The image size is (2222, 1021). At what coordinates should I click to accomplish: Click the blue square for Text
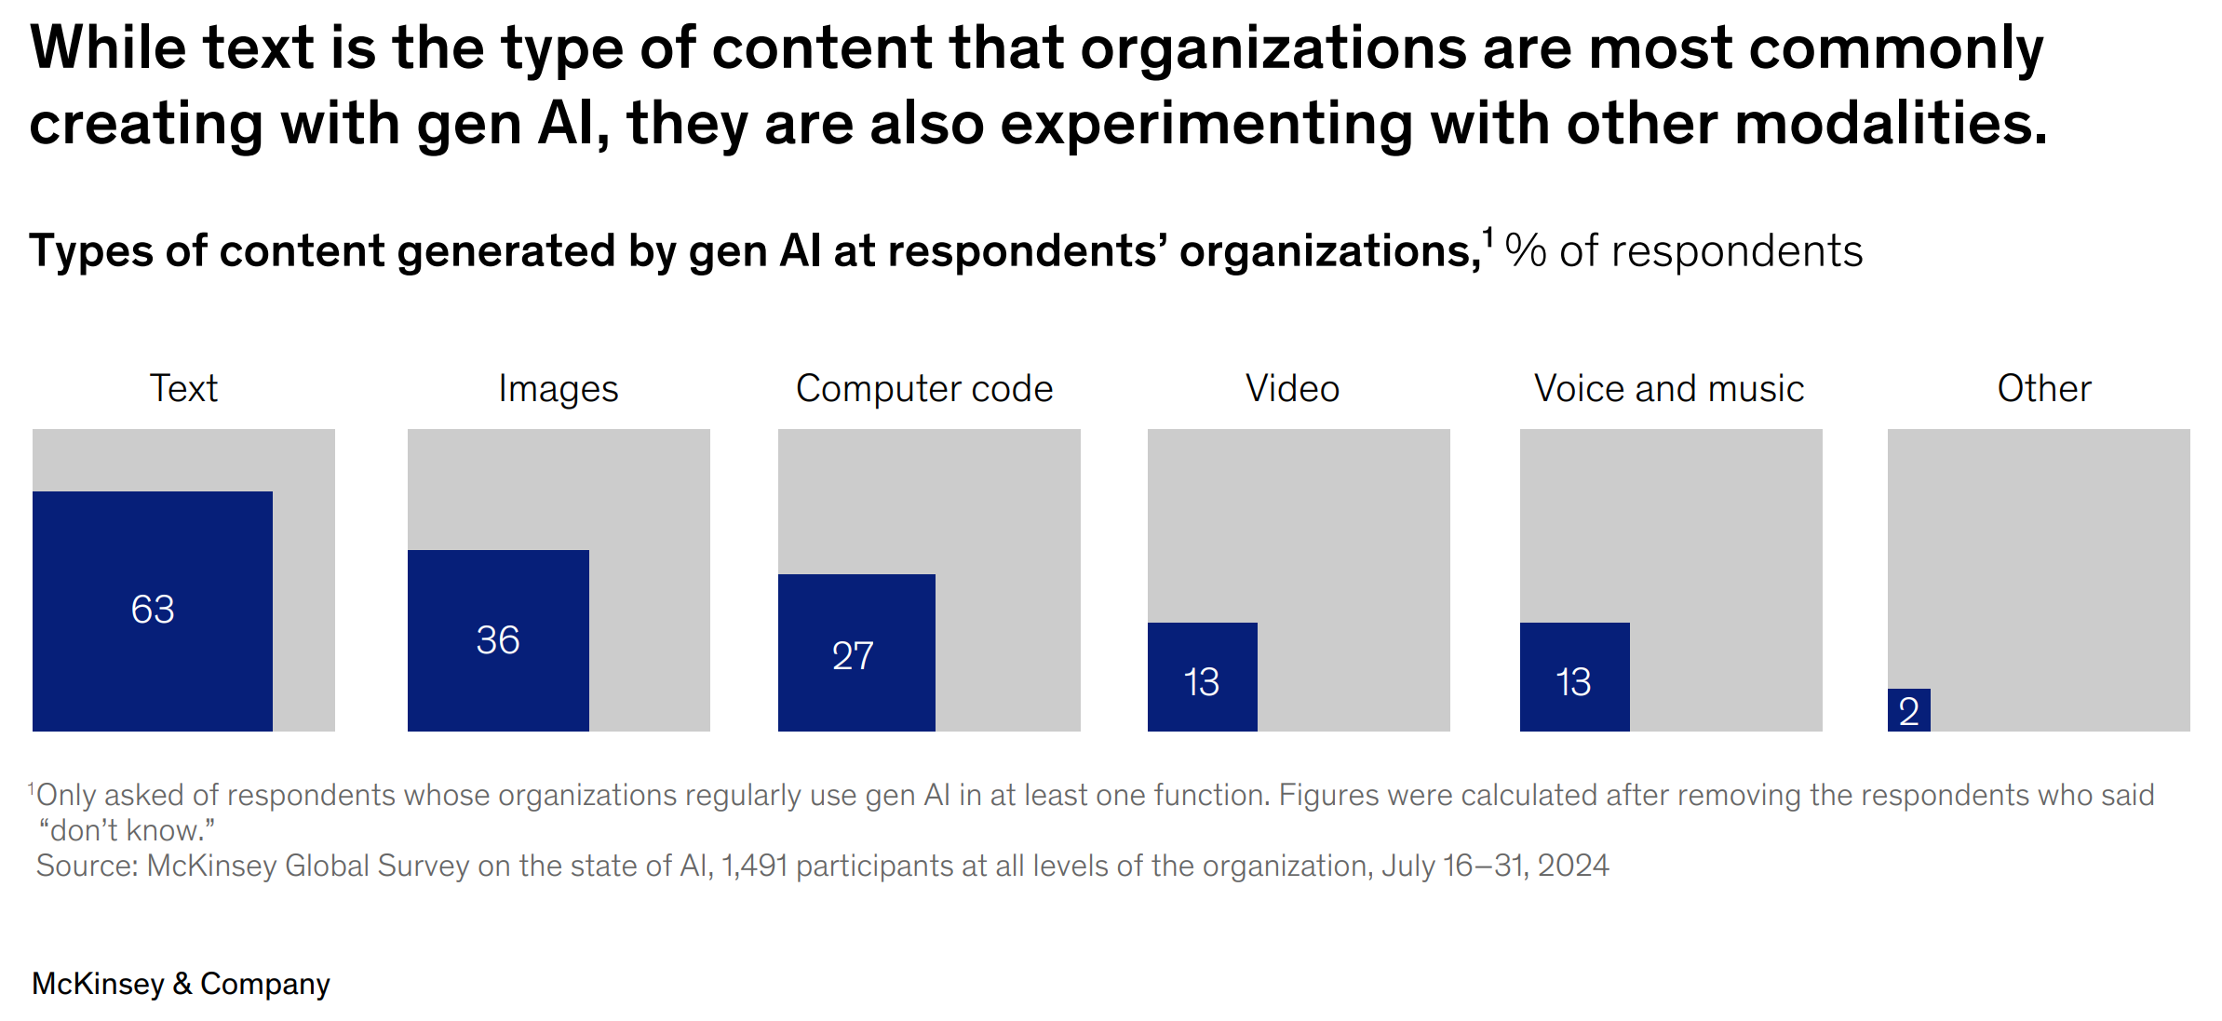click(152, 558)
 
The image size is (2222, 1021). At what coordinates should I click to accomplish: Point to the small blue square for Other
click(1908, 709)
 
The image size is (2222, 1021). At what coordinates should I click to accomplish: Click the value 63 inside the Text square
click(153, 610)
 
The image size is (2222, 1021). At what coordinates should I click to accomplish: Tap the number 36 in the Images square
click(498, 640)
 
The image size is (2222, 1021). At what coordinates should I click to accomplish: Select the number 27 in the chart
click(853, 656)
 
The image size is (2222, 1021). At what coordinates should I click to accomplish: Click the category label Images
click(558, 389)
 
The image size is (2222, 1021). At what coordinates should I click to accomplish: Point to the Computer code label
click(924, 389)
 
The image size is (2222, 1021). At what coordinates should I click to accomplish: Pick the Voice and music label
click(1669, 389)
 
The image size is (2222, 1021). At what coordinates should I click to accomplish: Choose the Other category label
click(2044, 389)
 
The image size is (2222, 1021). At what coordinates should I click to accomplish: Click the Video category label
click(1292, 389)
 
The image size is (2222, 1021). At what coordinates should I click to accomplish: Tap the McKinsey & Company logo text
click(181, 984)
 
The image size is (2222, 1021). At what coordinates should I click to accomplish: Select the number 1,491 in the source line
click(754, 866)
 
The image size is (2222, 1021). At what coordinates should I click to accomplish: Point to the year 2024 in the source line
click(1572, 866)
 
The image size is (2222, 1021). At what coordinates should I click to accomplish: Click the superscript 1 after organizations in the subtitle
click(1488, 238)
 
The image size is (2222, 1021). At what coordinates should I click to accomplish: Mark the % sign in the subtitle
click(1526, 251)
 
